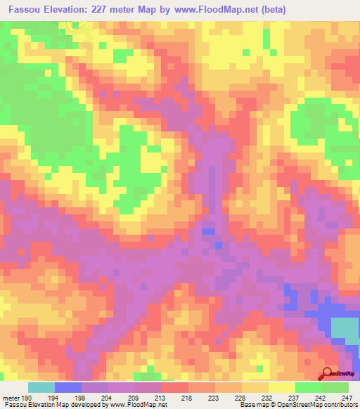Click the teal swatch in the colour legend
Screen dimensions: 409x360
tap(41, 387)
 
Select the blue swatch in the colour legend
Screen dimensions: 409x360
tap(68, 387)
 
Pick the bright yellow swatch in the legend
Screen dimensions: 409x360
tap(282, 387)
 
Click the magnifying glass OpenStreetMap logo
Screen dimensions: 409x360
tap(328, 373)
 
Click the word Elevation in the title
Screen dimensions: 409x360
tap(67, 9)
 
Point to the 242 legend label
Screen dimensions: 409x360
tap(323, 397)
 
